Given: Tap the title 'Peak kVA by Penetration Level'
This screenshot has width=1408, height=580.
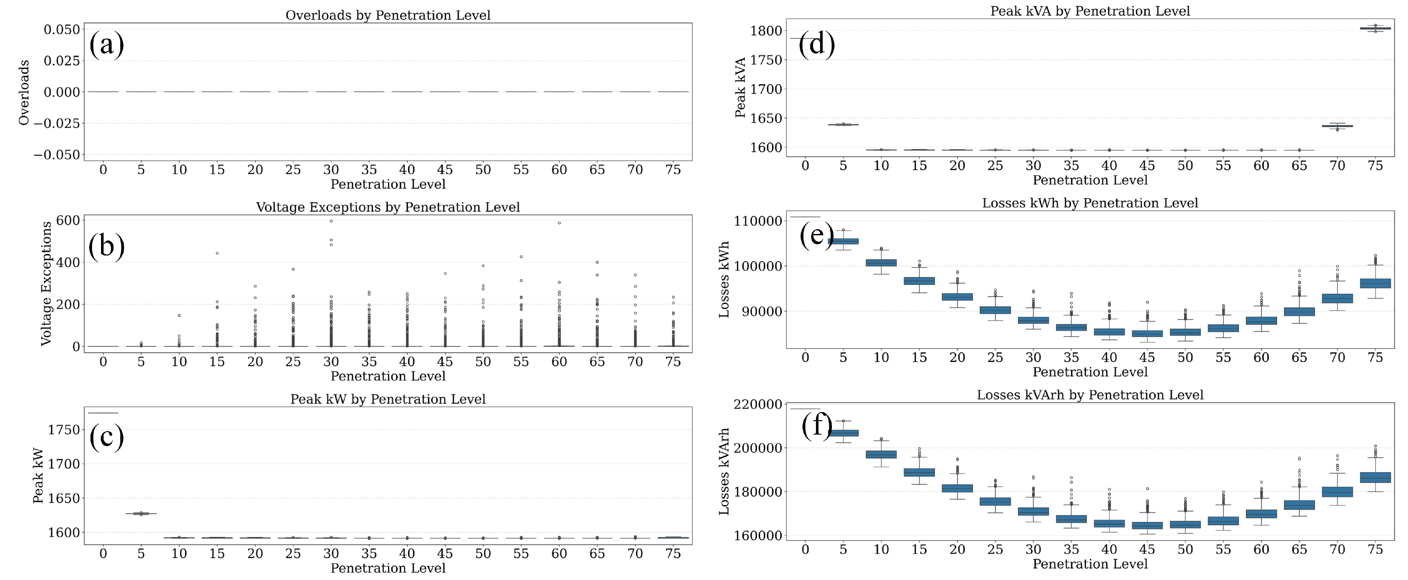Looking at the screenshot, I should [x=1090, y=11].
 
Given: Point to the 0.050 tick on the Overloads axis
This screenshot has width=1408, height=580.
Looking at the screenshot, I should [x=62, y=30].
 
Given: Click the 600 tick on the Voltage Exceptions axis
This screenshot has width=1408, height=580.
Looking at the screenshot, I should [x=68, y=221].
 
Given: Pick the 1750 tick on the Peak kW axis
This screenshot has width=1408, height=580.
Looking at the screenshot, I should [x=64, y=430].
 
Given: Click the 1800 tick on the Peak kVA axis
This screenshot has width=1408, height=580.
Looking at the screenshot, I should [x=766, y=31].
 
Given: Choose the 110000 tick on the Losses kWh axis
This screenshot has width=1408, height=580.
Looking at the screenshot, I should [x=758, y=221].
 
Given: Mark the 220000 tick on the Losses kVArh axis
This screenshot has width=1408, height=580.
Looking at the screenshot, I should [x=758, y=404].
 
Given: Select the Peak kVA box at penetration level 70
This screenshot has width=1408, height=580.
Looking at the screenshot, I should [x=1337, y=126].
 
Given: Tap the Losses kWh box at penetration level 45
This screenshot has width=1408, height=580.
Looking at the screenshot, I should [x=1147, y=333].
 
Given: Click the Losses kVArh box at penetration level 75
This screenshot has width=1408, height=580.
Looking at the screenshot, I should [x=1375, y=478].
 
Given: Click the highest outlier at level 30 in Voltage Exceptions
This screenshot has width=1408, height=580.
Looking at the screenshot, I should [x=331, y=221].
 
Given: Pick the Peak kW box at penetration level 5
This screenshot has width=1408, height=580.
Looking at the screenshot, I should [x=141, y=513].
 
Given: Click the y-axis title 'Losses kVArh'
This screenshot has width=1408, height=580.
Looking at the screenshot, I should [x=724, y=471].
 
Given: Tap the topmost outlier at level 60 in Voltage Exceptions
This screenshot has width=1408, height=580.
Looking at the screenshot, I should [x=559, y=223].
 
